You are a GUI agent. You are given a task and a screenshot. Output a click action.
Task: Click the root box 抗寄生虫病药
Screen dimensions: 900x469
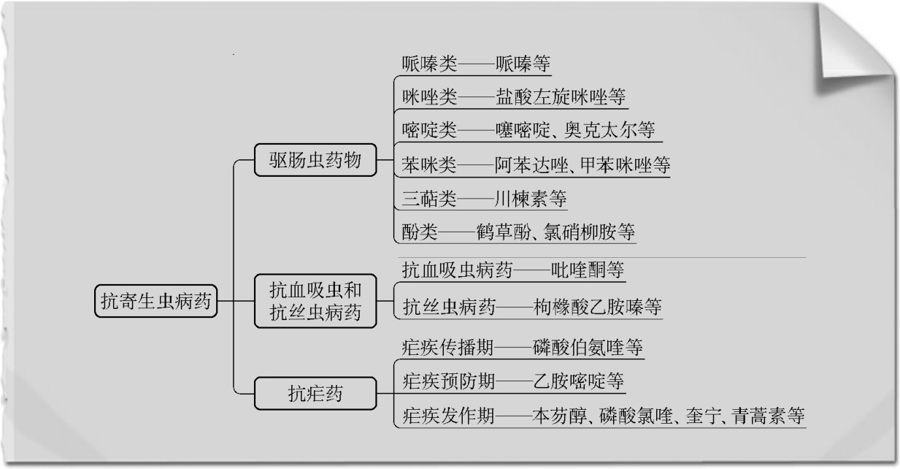[x=156, y=301]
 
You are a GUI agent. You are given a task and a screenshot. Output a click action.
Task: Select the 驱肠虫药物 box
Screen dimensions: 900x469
[x=315, y=160]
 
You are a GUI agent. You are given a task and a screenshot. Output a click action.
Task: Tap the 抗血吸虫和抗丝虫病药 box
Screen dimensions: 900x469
[x=315, y=301]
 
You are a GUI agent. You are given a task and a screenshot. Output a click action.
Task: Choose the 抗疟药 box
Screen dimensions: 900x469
[x=315, y=393]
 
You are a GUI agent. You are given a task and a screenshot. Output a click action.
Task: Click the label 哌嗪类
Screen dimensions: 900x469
[x=429, y=64]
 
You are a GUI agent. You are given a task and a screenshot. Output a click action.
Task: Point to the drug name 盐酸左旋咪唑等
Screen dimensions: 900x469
[x=561, y=96]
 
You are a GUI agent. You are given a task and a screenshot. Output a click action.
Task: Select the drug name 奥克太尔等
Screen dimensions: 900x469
[x=609, y=129]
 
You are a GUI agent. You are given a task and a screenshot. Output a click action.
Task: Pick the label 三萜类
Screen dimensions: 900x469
[x=429, y=199]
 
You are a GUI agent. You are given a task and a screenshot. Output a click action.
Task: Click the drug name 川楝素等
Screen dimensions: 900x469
[x=531, y=199]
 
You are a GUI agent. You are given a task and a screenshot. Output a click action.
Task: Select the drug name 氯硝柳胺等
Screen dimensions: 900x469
[x=589, y=232]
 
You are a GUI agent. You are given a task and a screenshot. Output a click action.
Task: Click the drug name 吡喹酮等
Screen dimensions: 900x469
[x=587, y=270]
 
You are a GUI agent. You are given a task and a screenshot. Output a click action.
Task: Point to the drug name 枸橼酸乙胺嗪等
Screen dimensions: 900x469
[x=597, y=307]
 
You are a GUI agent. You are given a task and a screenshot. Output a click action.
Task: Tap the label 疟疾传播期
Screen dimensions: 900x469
[x=447, y=347]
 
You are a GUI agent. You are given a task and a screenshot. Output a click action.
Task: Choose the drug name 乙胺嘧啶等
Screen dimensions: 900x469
[x=578, y=381]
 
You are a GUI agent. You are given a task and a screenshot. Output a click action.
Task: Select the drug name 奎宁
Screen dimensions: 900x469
[x=701, y=416]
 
